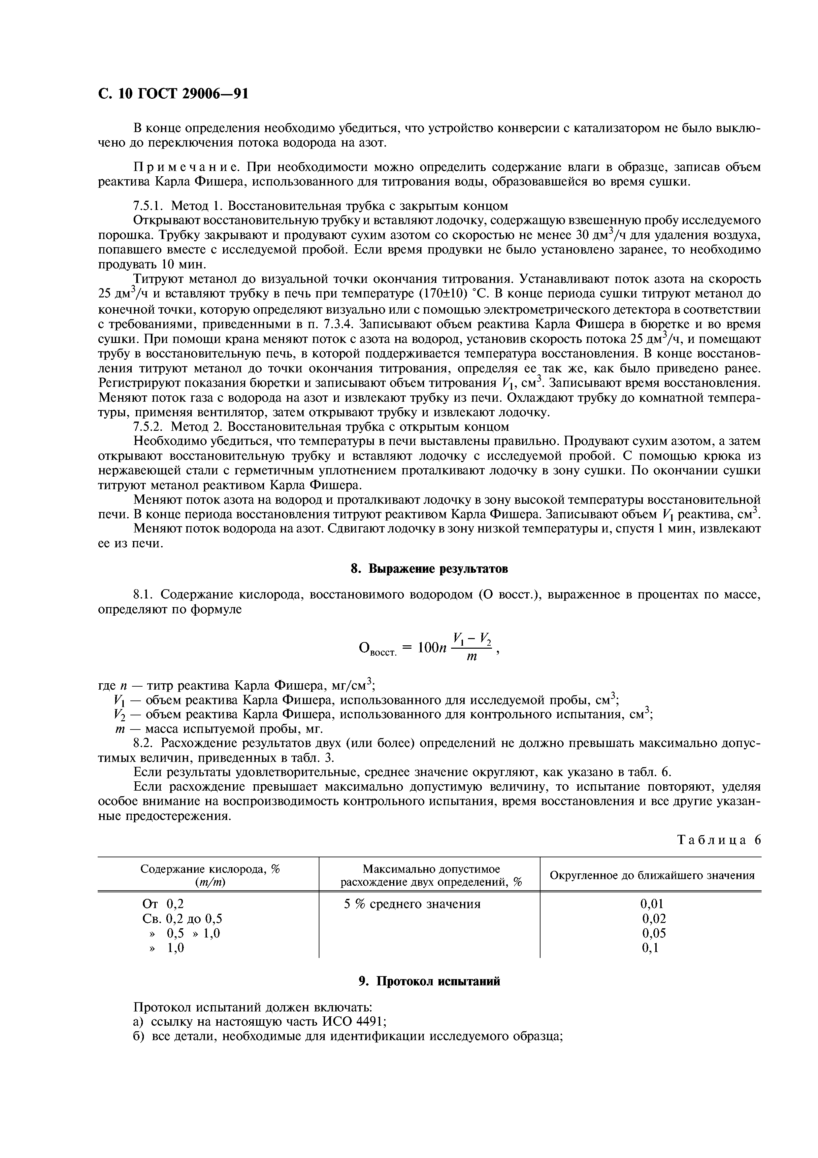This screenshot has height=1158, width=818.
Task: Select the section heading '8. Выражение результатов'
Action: pyautogui.click(x=429, y=569)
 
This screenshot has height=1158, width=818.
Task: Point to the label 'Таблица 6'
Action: pyautogui.click(x=719, y=840)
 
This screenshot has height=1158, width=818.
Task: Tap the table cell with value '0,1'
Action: pyautogui.click(x=650, y=948)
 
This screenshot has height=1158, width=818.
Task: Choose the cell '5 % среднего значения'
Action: pyautogui.click(x=412, y=904)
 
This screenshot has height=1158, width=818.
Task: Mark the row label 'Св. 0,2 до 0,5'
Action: pyautogui.click(x=182, y=918)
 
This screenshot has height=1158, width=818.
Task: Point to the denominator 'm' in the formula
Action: pyautogui.click(x=472, y=658)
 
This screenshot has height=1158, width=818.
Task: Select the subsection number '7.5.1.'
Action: pyautogui.click(x=149, y=206)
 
